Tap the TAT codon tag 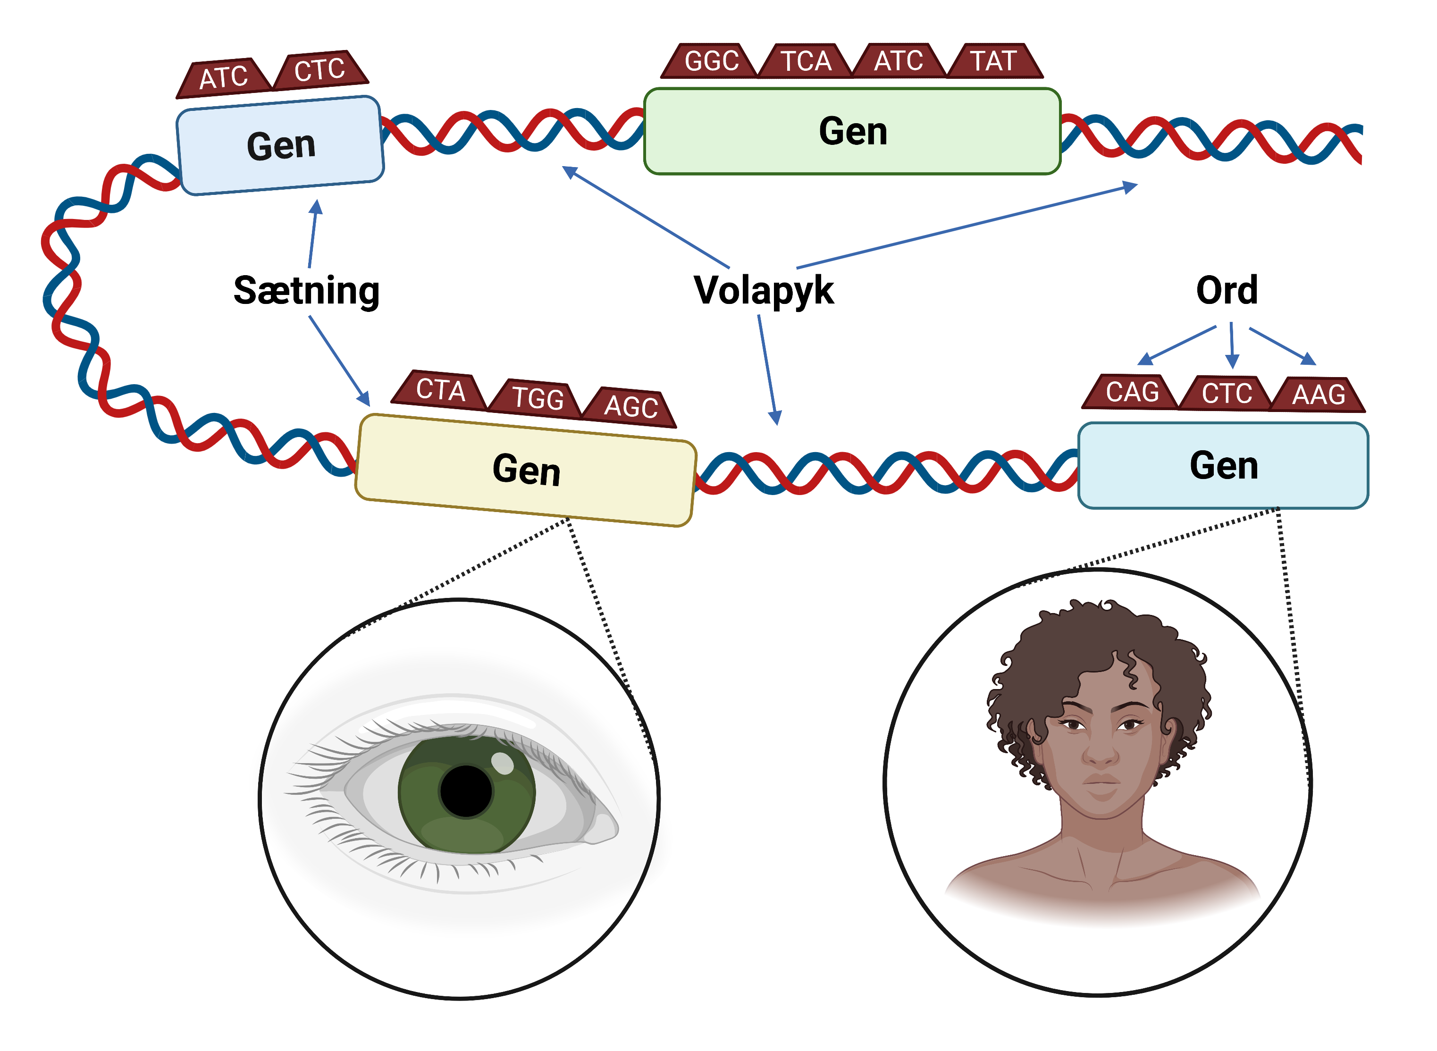(993, 61)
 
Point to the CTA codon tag (440, 389)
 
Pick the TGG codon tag (538, 398)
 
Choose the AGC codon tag (630, 406)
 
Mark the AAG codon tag (1318, 395)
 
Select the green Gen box (852, 132)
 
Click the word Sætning (307, 291)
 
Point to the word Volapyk (764, 291)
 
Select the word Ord (1227, 291)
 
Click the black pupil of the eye (466, 791)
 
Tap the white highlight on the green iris (503, 763)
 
